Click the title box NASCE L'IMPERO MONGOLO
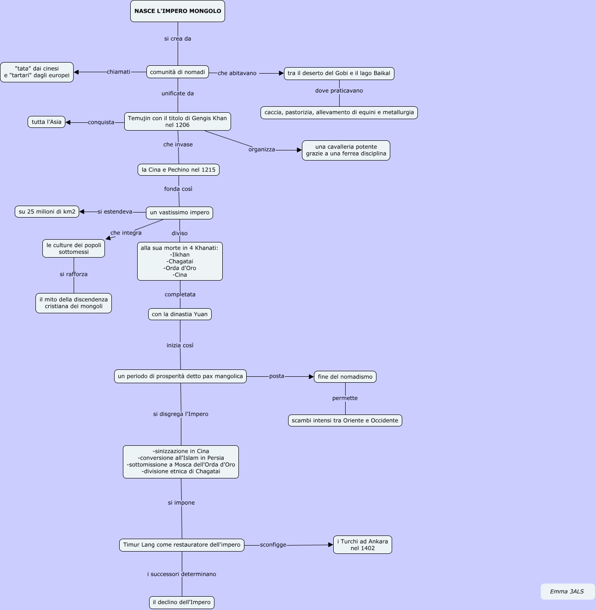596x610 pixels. click(178, 11)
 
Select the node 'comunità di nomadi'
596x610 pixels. click(178, 72)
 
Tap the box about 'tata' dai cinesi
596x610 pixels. click(37, 72)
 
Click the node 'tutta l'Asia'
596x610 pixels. click(46, 122)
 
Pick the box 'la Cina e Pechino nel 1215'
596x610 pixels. click(179, 170)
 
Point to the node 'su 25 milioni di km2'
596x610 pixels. click(47, 212)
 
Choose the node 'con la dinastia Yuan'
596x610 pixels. click(180, 314)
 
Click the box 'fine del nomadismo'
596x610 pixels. click(345, 377)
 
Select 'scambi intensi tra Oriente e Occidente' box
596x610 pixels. click(345, 420)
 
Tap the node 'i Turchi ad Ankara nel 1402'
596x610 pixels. click(363, 545)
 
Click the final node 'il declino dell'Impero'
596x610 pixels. click(182, 602)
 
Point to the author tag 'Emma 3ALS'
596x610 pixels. click(567, 592)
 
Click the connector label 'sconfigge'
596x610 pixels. click(273, 545)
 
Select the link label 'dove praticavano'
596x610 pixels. click(339, 91)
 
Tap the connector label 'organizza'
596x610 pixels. click(262, 150)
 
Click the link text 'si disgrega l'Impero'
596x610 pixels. click(181, 414)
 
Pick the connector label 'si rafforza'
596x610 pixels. click(74, 275)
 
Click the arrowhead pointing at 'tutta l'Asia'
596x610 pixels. click(68, 122)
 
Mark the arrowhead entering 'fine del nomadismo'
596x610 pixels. click(311, 377)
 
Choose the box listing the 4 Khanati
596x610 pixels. click(180, 261)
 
